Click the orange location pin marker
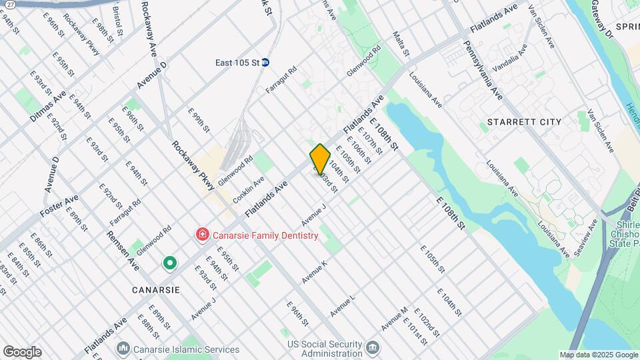pos(320,159)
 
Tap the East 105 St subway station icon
pos(265,63)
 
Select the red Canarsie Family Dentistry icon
pos(201,235)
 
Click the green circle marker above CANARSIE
pos(170,263)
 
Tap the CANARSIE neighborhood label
pos(155,290)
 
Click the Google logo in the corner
pos(22,352)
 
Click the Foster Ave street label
pos(59,205)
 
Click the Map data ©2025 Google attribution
pos(598,355)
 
